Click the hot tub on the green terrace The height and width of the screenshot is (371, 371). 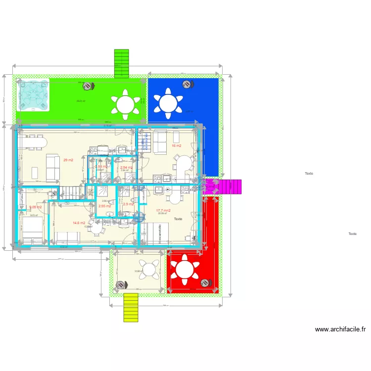pyautogui.click(x=33, y=94)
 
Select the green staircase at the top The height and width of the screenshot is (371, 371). pyautogui.click(x=121, y=63)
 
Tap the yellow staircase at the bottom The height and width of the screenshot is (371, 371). pyautogui.click(x=131, y=307)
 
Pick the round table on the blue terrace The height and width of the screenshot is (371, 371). pyautogui.click(x=168, y=103)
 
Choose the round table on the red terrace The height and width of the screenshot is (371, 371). pyautogui.click(x=185, y=270)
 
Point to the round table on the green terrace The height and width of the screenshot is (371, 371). pyautogui.click(x=125, y=104)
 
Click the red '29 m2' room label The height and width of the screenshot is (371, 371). pyautogui.click(x=68, y=160)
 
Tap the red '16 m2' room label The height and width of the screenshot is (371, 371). pyautogui.click(x=177, y=146)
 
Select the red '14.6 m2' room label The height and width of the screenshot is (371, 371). pyautogui.click(x=79, y=223)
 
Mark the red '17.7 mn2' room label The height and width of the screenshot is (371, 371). pyautogui.click(x=164, y=211)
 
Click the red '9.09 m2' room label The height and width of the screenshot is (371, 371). pyautogui.click(x=35, y=207)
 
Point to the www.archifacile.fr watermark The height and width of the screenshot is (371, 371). pyautogui.click(x=340, y=329)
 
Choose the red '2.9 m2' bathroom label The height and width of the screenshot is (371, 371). pyautogui.click(x=128, y=204)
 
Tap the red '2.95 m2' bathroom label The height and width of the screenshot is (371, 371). pyautogui.click(x=104, y=206)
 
